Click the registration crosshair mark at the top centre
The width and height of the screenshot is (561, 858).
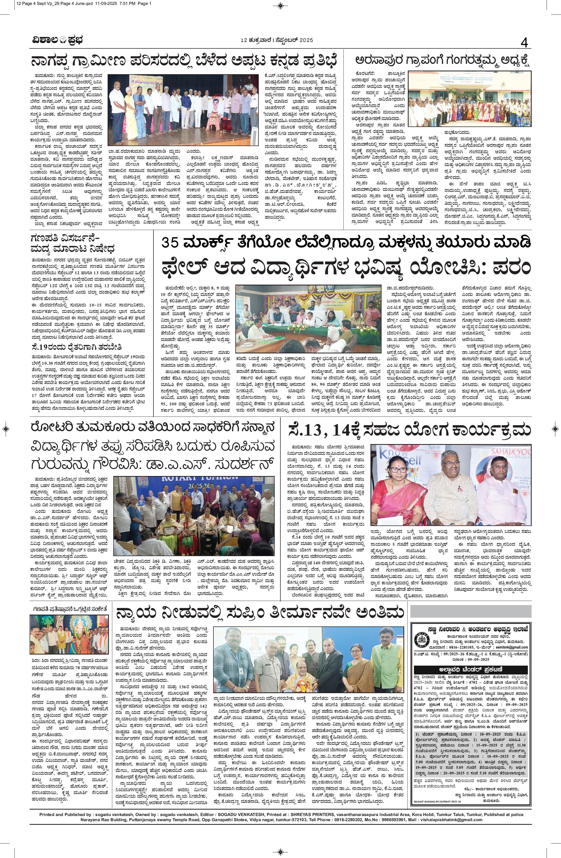click(280, 5)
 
